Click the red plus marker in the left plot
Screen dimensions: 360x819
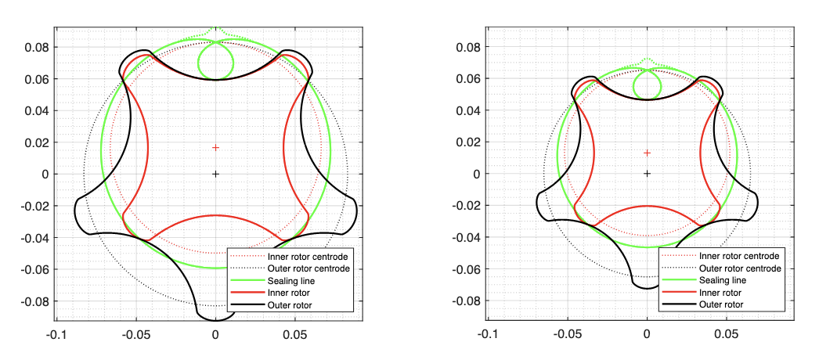coord(215,148)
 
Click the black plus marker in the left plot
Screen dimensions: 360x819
coord(215,174)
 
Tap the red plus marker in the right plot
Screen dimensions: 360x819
coord(647,153)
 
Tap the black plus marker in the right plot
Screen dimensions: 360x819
coord(647,174)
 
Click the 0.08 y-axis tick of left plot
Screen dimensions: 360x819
coord(38,47)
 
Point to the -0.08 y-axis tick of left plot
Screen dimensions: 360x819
coord(36,301)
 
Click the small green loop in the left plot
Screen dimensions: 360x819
coord(215,60)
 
